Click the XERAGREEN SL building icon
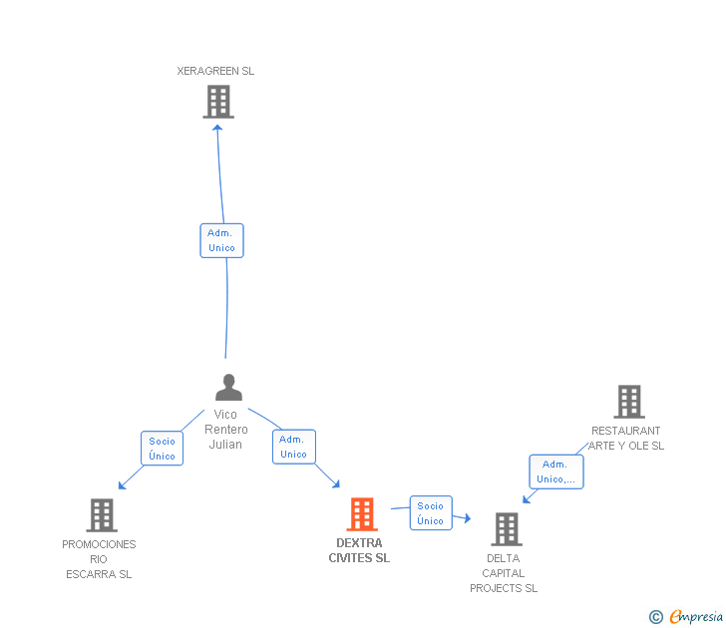218,102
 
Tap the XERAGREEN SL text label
215,71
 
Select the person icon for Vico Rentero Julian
228,387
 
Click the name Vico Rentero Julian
225,429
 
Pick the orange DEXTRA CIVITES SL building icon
361,514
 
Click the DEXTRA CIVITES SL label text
359,550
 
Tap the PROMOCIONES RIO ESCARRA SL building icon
102,515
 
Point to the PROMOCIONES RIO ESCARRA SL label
99,558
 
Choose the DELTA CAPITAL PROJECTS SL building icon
507,529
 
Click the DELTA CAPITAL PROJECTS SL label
504,573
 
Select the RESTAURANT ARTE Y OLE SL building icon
628,402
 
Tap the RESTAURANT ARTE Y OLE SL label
626,439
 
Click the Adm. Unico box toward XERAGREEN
221,240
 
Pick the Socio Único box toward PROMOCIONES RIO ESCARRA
162,449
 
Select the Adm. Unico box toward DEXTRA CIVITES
293,447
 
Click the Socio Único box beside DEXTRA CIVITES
431,513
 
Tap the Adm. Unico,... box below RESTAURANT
555,471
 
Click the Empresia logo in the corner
696,617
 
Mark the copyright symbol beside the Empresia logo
655,617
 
